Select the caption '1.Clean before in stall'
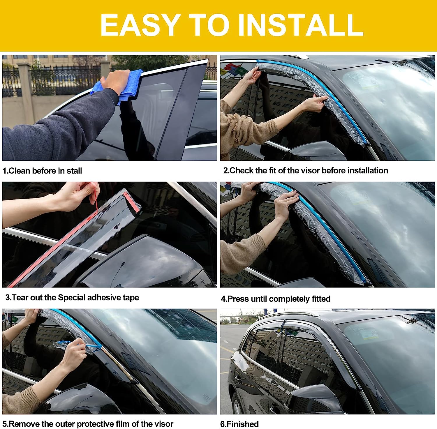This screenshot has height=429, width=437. tap(42, 171)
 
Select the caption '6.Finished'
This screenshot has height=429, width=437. tap(239, 424)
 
